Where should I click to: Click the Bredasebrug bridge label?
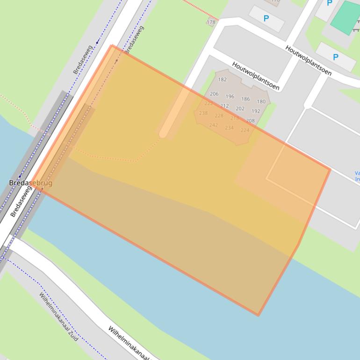pyautogui.click(x=31, y=183)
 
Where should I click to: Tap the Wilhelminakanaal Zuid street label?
pyautogui.click(x=58, y=317)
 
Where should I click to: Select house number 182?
pyautogui.click(x=222, y=79)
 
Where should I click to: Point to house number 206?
pyautogui.click(x=214, y=94)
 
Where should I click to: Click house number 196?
pyautogui.click(x=230, y=97)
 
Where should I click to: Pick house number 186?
pyautogui.click(x=245, y=99)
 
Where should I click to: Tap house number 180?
pyautogui.click(x=261, y=101)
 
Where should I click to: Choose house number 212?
pyautogui.click(x=224, y=106)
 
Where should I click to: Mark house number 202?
pyautogui.click(x=240, y=108)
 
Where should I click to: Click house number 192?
pyautogui.click(x=256, y=111)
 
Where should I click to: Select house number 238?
pyautogui.click(x=203, y=113)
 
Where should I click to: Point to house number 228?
pyautogui.click(x=219, y=116)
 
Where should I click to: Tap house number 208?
pyautogui.click(x=250, y=121)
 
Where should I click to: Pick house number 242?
pyautogui.click(x=213, y=125)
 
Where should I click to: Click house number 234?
pyautogui.click(x=229, y=128)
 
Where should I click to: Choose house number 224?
pyautogui.click(x=245, y=130)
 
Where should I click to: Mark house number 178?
pyautogui.click(x=211, y=22)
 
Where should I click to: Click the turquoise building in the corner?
pyautogui.click(x=346, y=18)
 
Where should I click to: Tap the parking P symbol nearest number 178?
pyautogui.click(x=266, y=19)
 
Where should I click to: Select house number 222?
pyautogui.click(x=209, y=104)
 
